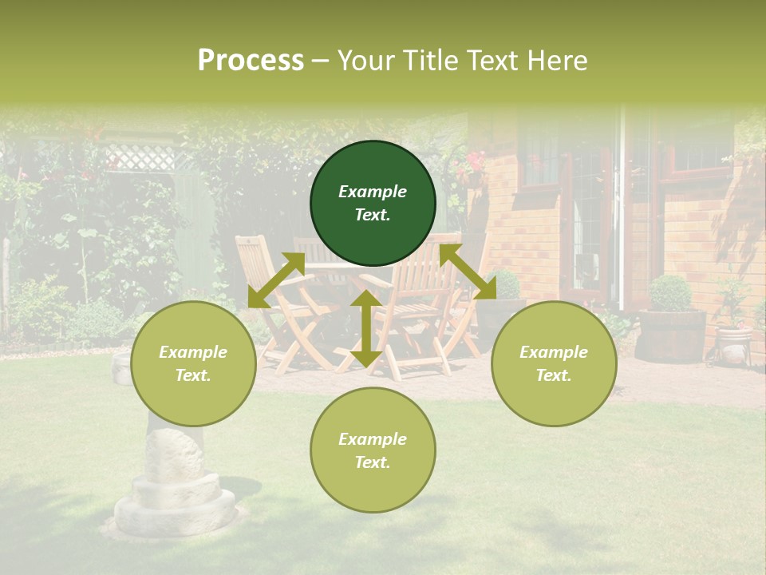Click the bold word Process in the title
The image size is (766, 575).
coord(251,61)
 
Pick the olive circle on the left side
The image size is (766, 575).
coord(193,363)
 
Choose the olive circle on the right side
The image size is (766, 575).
coord(554,363)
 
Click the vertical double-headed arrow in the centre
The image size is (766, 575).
coord(365,328)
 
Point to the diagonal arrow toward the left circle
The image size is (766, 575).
coord(276,280)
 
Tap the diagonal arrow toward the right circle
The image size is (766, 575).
coord(468,272)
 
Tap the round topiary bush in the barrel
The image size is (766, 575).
coord(670,293)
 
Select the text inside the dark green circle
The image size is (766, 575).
coord(373,203)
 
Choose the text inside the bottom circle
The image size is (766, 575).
coord(373,450)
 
